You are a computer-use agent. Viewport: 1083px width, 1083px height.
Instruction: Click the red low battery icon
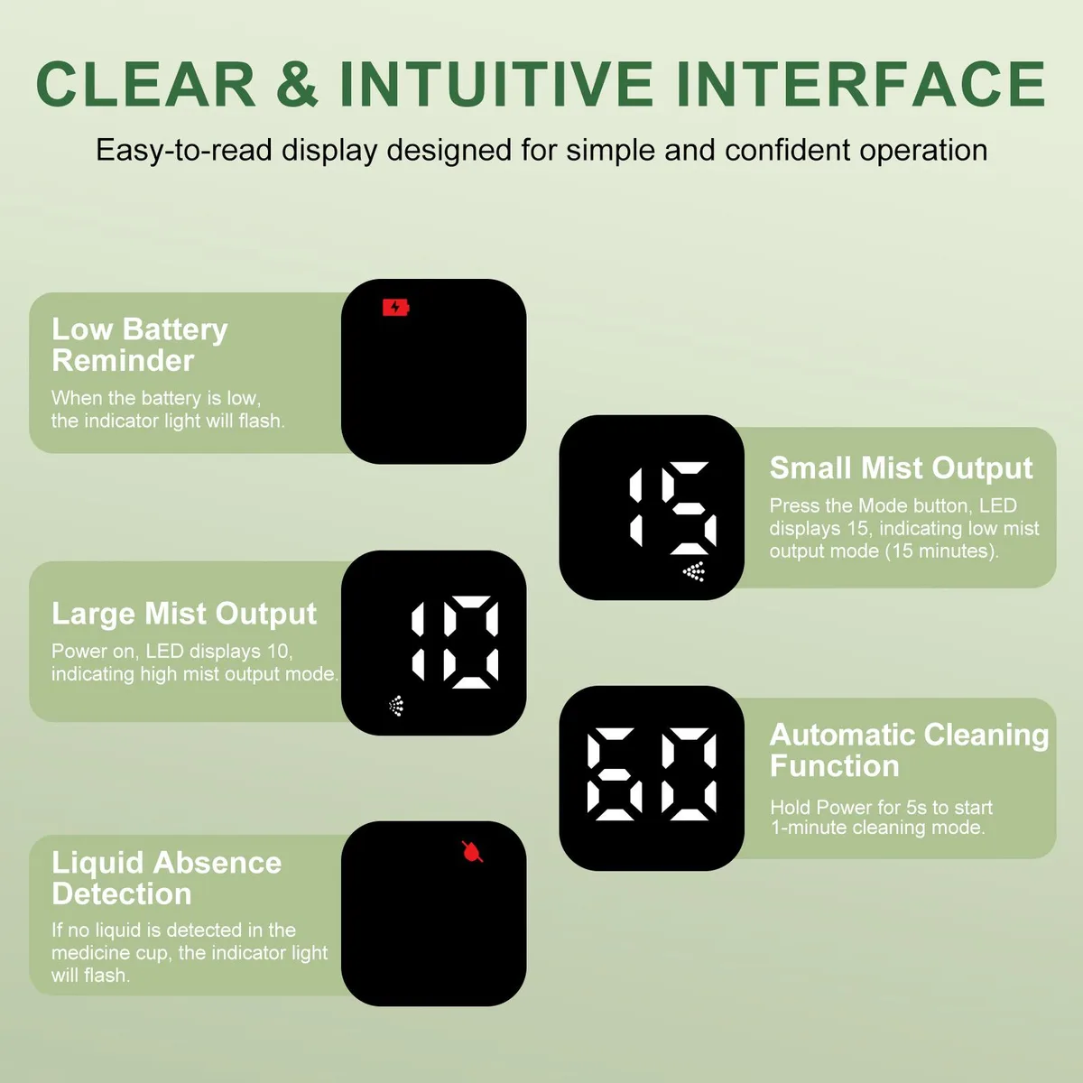[x=395, y=308]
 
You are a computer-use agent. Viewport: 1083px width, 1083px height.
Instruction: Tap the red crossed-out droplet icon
[x=472, y=851]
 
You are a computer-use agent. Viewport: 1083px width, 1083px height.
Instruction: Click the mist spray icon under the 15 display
[x=694, y=571]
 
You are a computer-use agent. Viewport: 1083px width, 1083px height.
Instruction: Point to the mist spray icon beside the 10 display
[x=396, y=706]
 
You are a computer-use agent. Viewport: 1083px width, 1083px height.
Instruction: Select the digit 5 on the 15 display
[x=689, y=508]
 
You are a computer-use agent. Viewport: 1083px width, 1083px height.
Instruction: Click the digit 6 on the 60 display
[x=615, y=774]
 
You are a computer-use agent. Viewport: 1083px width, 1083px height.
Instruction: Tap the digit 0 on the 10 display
[x=470, y=642]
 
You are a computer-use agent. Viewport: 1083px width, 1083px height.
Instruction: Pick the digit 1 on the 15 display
[x=635, y=508]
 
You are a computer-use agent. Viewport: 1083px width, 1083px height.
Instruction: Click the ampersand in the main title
[x=297, y=84]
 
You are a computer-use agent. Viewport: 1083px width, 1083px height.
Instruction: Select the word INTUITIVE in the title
[x=496, y=84]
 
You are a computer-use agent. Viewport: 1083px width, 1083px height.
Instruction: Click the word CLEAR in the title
[x=146, y=84]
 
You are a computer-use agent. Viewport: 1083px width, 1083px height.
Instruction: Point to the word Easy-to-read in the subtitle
[x=184, y=151]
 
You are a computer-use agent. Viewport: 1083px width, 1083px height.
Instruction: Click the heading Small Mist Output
[x=901, y=467]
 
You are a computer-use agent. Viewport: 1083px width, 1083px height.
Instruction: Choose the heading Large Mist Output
[x=184, y=613]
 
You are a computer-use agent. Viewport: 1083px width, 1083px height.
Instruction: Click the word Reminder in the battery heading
[x=123, y=360]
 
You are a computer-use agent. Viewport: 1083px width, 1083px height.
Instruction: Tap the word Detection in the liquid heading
[x=122, y=893]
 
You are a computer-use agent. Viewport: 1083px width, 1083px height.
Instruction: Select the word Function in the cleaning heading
[x=835, y=765]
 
